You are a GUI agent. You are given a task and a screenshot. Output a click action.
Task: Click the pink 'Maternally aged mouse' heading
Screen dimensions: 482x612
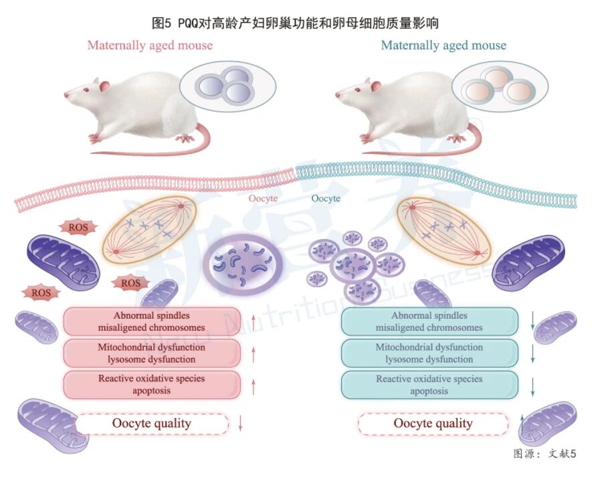tap(150, 46)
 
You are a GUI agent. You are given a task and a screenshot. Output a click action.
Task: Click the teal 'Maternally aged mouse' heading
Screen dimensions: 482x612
tap(443, 46)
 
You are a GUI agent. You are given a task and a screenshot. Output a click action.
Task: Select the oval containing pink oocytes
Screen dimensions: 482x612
tap(500, 86)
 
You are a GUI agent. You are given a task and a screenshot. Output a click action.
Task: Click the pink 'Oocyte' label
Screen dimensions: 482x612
tap(263, 199)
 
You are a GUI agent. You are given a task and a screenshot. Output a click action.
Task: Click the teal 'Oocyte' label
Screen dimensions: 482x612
tap(326, 199)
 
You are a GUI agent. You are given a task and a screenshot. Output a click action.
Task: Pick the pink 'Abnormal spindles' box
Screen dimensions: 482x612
tap(152, 321)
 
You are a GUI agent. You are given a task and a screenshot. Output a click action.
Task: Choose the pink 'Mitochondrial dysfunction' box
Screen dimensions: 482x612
tap(152, 353)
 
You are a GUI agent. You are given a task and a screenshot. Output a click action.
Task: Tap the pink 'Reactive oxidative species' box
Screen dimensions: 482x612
tap(152, 384)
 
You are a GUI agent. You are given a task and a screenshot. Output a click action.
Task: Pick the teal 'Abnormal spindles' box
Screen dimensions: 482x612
tap(429, 321)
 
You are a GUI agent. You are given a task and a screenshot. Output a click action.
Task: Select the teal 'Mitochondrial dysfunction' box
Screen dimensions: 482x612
tap(429, 353)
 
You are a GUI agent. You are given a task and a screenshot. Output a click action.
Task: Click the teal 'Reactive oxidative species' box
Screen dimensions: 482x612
tap(429, 384)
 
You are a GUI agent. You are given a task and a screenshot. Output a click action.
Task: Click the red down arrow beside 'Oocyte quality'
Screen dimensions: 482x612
tap(239, 423)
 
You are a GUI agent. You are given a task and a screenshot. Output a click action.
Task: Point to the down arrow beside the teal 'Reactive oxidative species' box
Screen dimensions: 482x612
tap(533, 386)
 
